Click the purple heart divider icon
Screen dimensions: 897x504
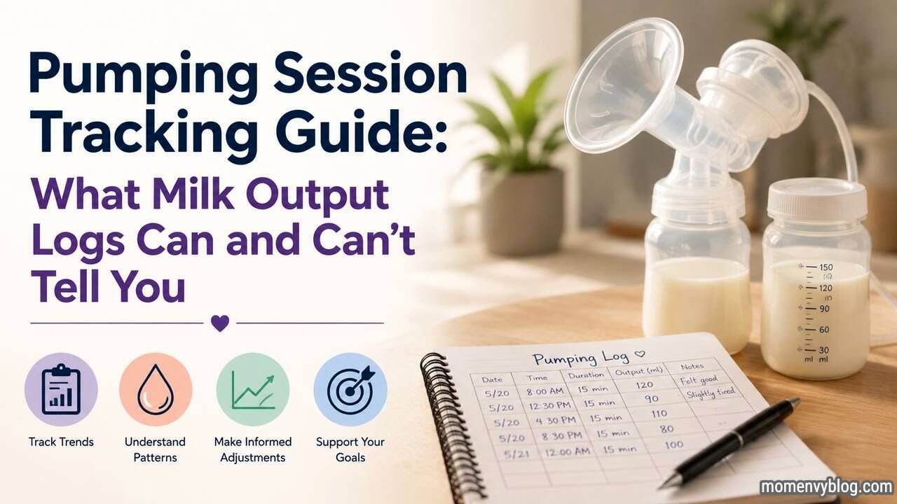220,323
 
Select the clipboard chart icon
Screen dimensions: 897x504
61,389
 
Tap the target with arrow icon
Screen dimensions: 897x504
351,388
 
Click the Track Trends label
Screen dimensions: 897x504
61,442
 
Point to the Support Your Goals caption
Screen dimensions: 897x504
350,449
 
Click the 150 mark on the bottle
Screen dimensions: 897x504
826,267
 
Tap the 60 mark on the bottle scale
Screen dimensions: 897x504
823,330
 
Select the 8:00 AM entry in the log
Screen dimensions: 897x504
545,391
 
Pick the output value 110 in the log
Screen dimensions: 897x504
659,413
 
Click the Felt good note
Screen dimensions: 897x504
699,379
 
